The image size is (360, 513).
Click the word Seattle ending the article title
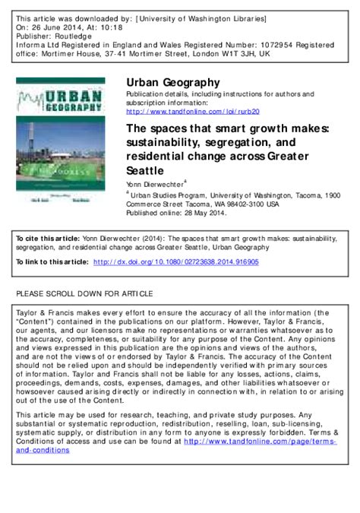[x=144, y=170]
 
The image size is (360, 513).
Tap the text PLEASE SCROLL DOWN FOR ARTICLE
[x=84, y=293]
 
